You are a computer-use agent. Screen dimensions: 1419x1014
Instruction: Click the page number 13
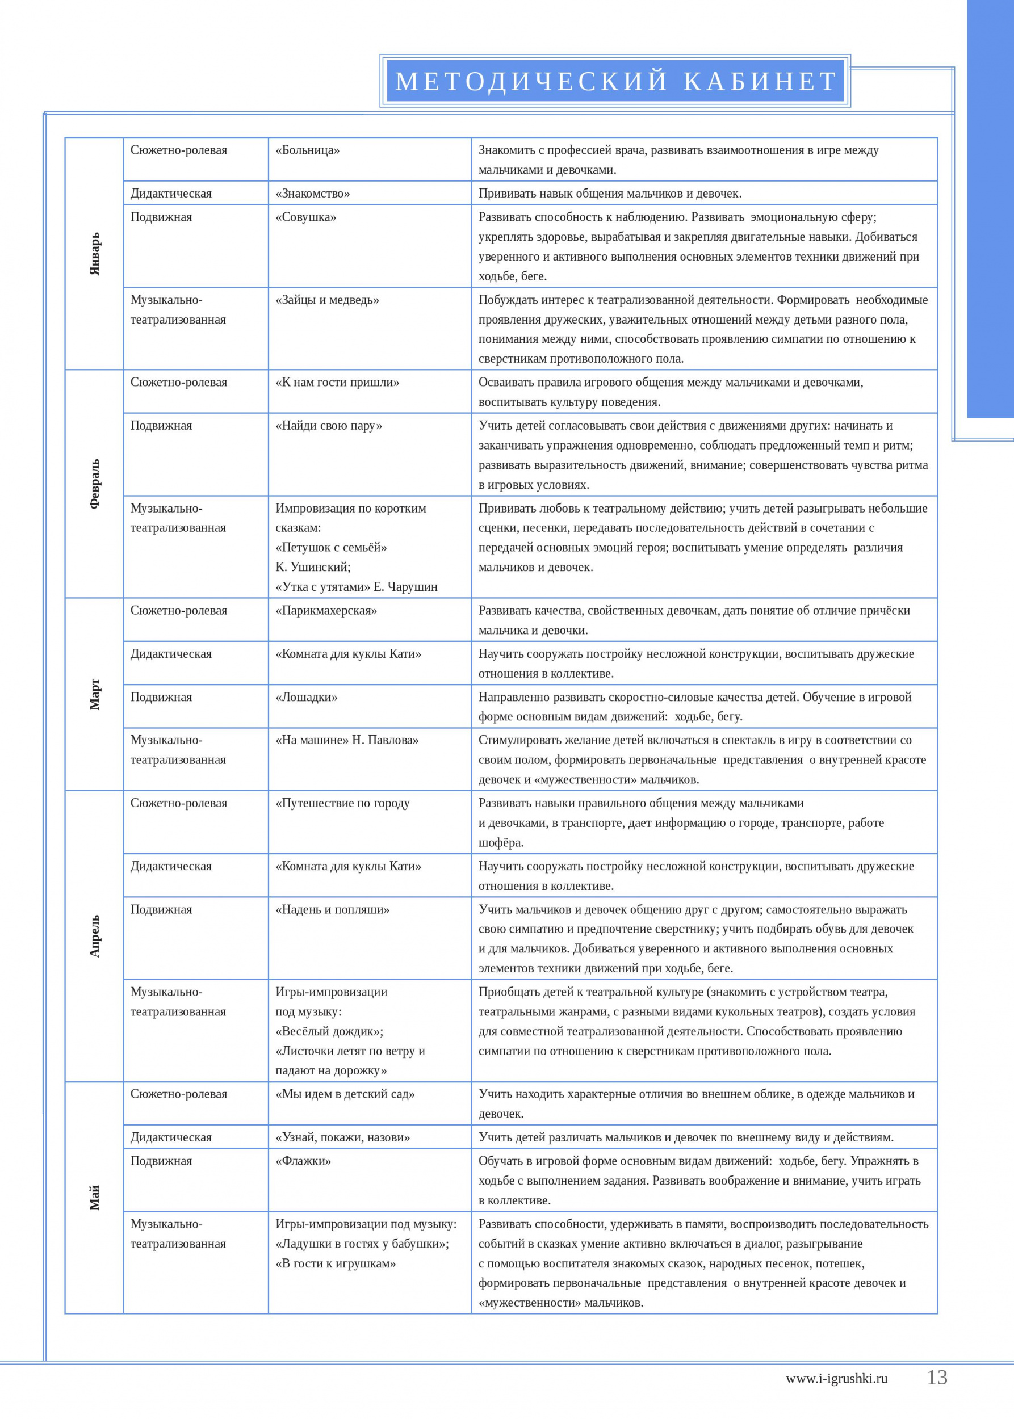937,1377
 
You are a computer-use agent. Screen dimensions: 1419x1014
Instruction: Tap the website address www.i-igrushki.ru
836,1379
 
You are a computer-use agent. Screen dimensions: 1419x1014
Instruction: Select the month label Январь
94,254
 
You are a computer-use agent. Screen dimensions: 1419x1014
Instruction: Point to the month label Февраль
94,484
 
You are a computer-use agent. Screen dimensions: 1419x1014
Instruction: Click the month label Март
94,694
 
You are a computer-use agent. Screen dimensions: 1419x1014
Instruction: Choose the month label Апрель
94,936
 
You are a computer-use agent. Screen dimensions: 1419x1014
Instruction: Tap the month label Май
94,1198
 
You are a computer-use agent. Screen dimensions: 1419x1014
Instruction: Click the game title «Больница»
307,150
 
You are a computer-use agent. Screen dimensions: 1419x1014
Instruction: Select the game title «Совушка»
305,217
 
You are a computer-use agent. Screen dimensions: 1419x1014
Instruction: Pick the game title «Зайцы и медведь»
327,300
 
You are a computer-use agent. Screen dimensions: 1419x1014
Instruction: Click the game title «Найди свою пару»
328,426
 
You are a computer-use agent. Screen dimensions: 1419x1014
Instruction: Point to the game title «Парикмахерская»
326,611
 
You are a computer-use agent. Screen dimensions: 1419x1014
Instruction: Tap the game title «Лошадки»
306,698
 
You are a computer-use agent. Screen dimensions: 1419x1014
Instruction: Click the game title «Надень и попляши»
332,910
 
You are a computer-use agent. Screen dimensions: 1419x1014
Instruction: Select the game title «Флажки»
303,1161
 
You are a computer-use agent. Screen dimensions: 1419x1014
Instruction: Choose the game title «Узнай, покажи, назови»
343,1137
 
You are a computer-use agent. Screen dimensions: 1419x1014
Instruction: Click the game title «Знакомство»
312,194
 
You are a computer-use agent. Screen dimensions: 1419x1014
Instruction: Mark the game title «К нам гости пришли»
337,383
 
